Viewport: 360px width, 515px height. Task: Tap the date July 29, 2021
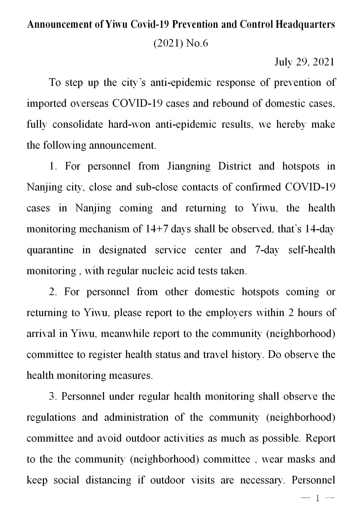[304, 62]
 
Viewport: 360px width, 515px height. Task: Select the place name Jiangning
[189, 166]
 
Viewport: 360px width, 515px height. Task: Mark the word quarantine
[50, 250]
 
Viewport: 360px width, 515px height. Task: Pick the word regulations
[51, 417]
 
